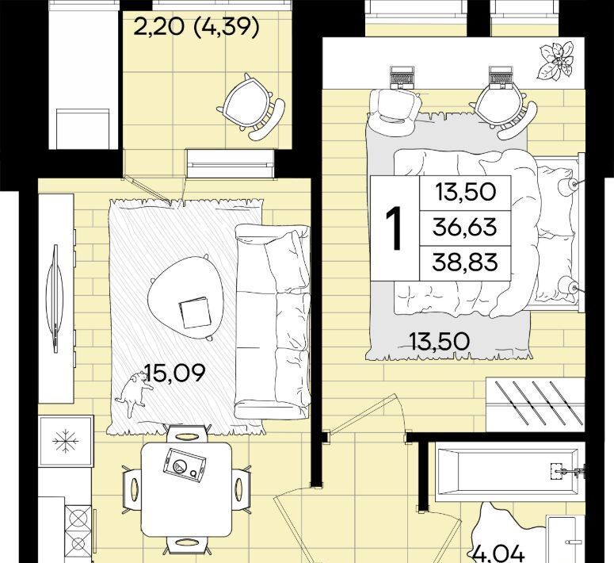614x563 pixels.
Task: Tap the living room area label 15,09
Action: [x=175, y=373]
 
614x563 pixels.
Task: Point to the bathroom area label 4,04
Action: [x=498, y=554]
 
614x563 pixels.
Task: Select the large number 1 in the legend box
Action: [x=394, y=228]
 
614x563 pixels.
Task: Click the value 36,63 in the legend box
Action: [x=465, y=228]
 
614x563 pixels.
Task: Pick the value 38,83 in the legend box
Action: [x=465, y=262]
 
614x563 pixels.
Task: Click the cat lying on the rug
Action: [x=135, y=393]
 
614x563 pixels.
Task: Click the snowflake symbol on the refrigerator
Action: [x=66, y=441]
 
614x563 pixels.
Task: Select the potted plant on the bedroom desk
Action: [x=555, y=61]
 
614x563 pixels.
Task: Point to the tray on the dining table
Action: [x=185, y=466]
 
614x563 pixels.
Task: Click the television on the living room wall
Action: [x=55, y=298]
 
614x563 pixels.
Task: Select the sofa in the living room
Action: [x=273, y=321]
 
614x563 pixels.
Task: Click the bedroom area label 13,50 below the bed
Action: [x=439, y=341]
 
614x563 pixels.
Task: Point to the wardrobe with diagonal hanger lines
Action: [x=536, y=404]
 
